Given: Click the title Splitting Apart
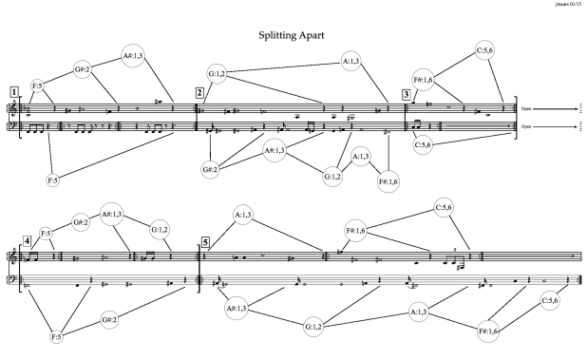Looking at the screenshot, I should coord(293,35).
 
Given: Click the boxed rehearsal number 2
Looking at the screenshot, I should coord(199,92).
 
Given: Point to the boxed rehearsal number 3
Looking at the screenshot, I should coord(407,93).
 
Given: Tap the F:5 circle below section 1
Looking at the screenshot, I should coord(53,179).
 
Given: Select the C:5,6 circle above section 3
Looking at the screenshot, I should coord(487,50).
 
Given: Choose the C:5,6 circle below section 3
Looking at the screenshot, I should coord(424,144).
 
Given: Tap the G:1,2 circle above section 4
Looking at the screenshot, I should coord(161,230).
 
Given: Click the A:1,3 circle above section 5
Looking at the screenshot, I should coord(243,217).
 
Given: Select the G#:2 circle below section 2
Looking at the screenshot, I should coord(211,170).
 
